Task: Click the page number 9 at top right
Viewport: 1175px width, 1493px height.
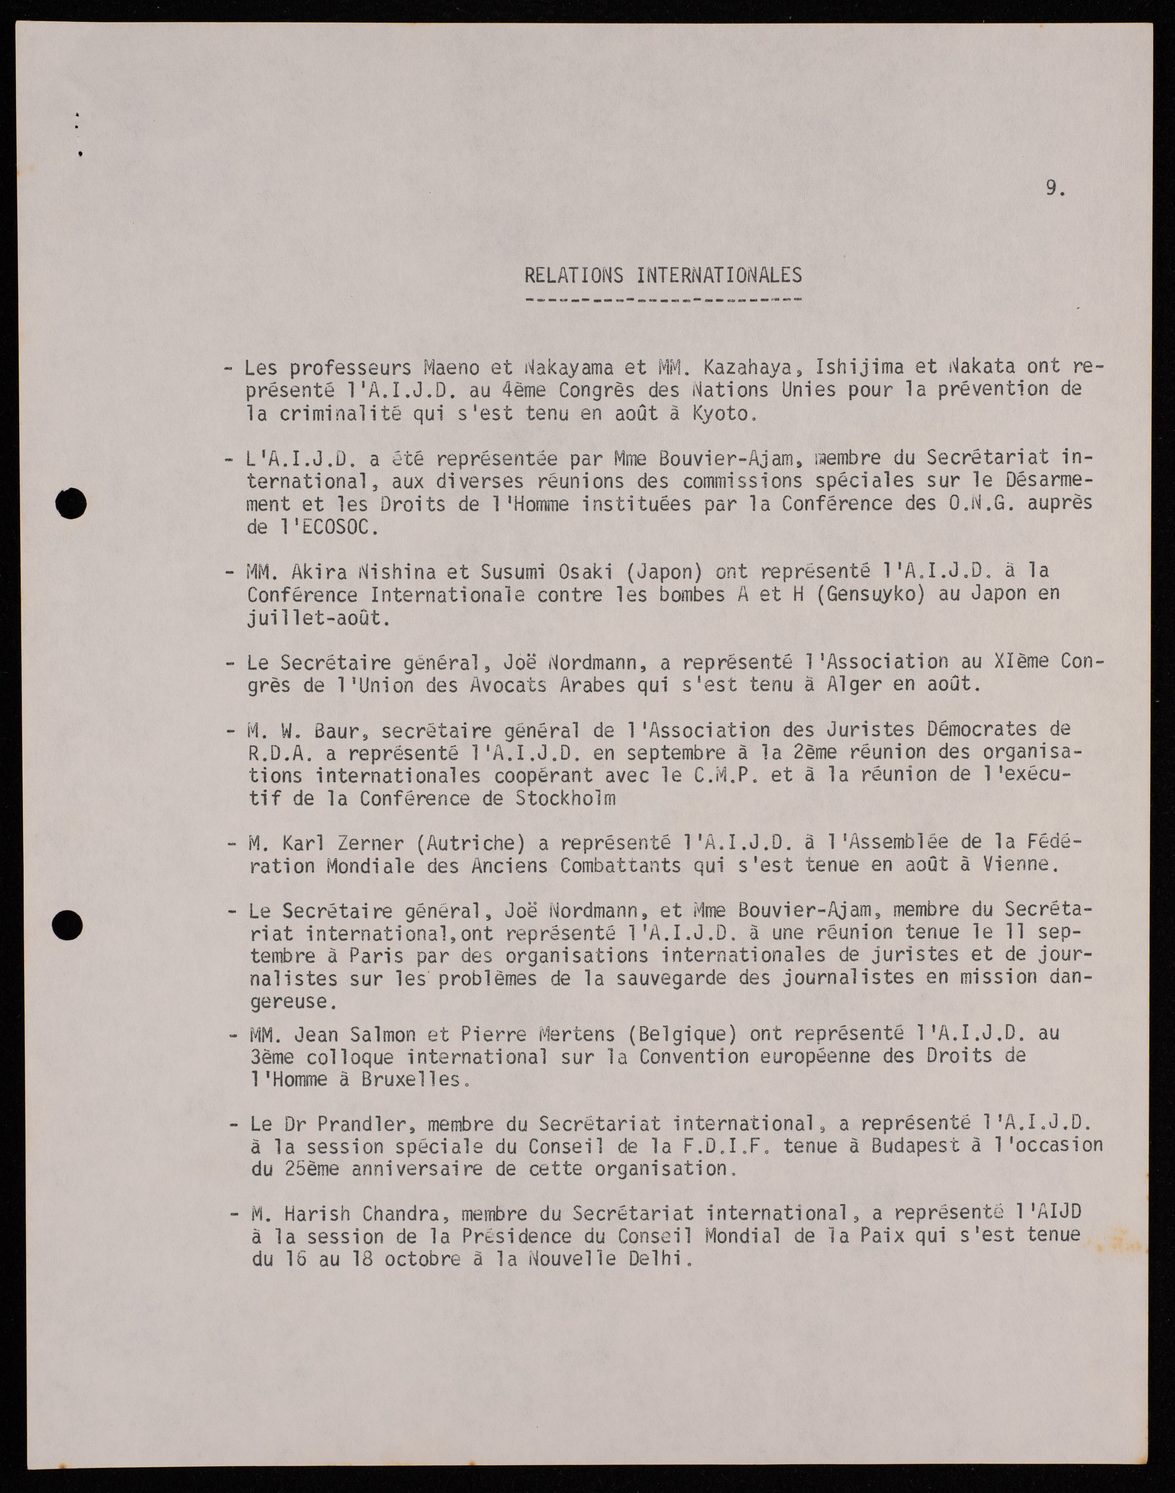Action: click(x=1052, y=188)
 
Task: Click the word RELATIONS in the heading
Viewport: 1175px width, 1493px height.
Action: click(x=574, y=275)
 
